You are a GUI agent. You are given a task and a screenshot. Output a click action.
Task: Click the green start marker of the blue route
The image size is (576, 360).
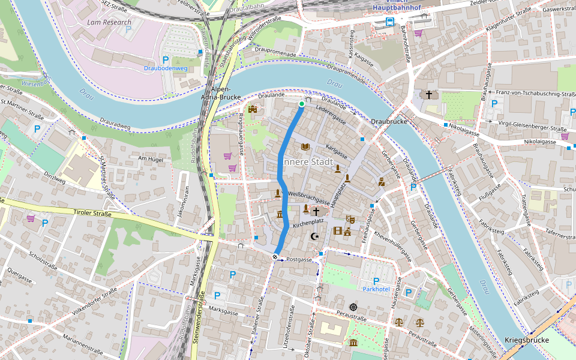(301, 104)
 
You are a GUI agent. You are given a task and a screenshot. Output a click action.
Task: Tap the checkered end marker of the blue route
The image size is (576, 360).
(275, 257)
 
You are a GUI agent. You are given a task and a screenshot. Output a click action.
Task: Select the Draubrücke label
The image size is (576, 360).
(389, 121)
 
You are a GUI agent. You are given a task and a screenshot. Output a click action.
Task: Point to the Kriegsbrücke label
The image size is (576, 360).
(526, 340)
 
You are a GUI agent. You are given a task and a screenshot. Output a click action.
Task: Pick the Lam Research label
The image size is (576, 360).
(109, 22)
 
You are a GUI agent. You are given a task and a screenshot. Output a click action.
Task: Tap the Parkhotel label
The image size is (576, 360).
(376, 289)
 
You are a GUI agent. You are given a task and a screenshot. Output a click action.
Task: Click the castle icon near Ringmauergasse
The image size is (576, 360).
(253, 109)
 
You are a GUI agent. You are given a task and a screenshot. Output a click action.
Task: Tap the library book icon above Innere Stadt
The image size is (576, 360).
(305, 147)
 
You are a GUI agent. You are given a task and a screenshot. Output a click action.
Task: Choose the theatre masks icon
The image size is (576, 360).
(350, 220)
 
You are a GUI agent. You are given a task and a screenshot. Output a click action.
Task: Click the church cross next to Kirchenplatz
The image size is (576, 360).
(316, 212)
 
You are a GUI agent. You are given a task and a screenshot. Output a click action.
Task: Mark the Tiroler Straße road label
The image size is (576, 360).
(94, 213)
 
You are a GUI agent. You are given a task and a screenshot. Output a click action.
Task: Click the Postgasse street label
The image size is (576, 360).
(299, 260)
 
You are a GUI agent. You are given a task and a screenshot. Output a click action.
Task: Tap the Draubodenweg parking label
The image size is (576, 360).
(166, 68)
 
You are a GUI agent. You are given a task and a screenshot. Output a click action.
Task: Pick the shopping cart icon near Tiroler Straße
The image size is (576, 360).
(30, 218)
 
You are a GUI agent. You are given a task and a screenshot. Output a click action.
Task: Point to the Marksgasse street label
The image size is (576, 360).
(223, 311)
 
